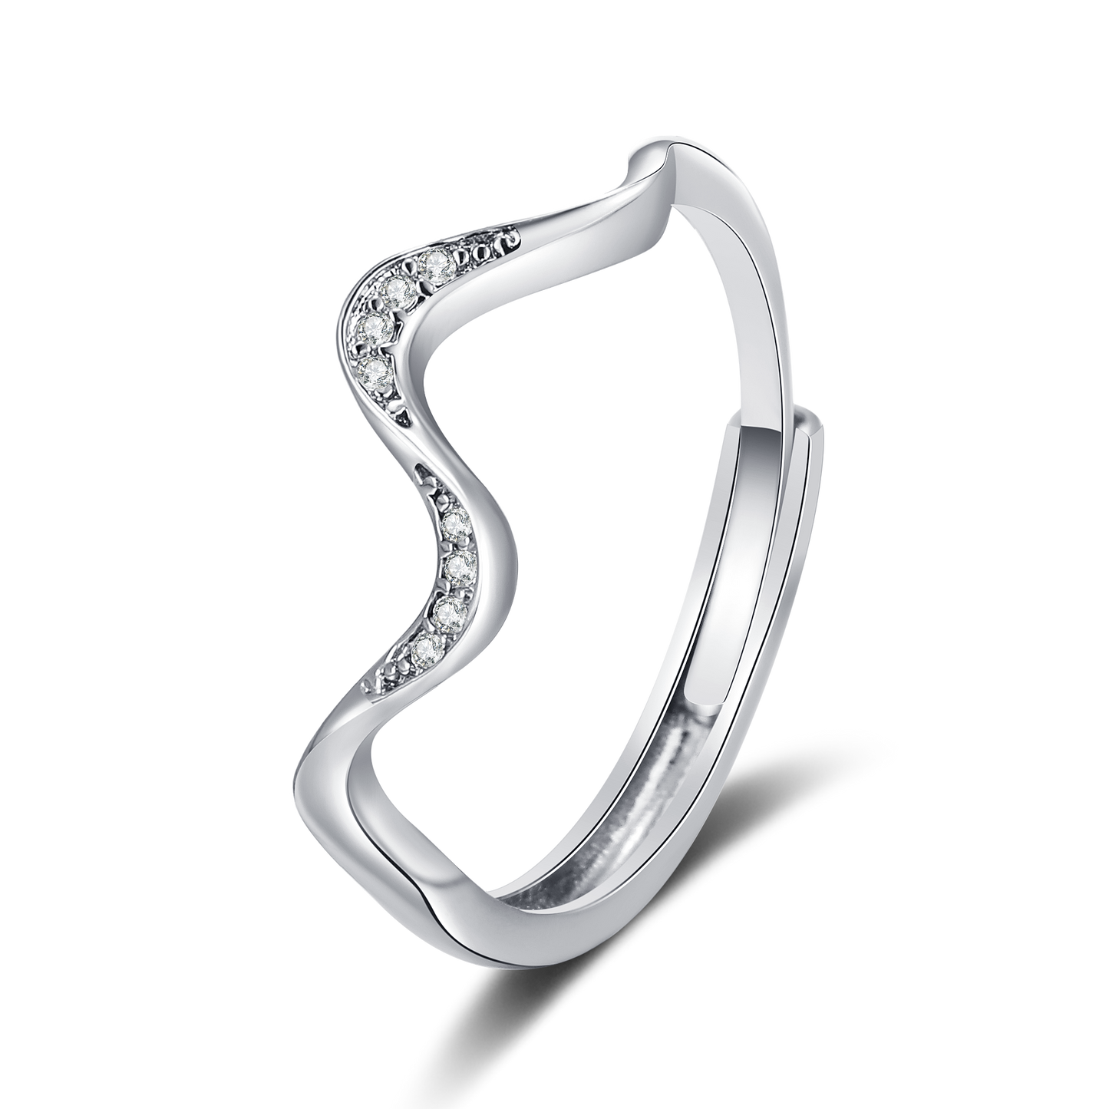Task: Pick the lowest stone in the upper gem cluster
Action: tap(375, 372)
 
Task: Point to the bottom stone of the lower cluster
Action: tap(424, 649)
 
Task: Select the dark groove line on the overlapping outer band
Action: tap(775, 614)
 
